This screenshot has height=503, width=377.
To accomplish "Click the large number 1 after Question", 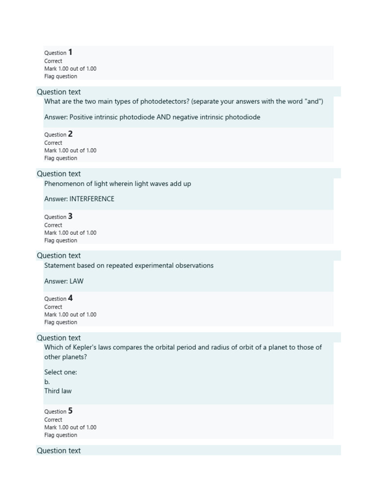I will (70, 52).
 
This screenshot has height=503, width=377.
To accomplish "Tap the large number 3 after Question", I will (70, 216).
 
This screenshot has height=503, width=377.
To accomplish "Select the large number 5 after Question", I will (70, 411).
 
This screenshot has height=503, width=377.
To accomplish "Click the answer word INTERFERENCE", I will (92, 199).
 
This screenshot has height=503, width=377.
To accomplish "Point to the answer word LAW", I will (77, 281).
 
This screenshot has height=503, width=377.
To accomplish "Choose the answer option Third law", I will (58, 391).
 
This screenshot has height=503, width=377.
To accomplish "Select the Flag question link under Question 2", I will (60, 158).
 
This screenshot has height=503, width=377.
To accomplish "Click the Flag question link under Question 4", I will (60, 322).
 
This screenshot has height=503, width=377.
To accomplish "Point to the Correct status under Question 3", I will (53, 225).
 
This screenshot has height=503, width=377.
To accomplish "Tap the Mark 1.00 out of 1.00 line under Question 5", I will (70, 427).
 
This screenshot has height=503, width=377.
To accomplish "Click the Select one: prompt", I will (60, 372).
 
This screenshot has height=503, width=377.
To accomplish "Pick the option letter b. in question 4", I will (47, 382).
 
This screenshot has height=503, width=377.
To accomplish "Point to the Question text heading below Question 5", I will (58, 450).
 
